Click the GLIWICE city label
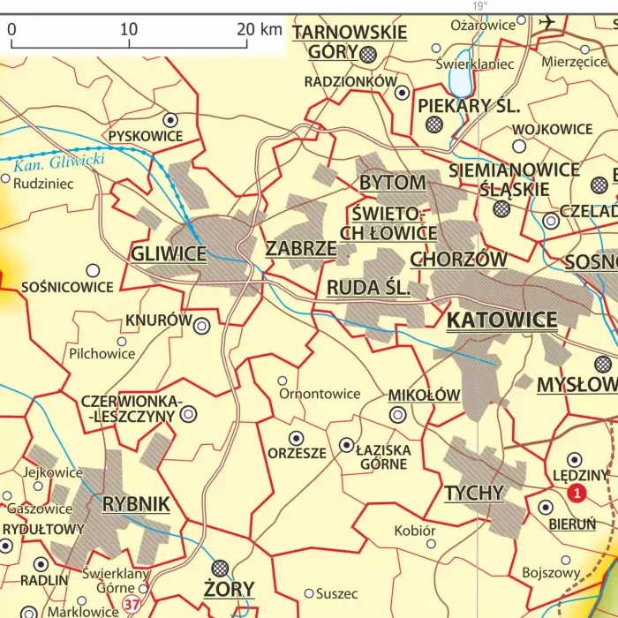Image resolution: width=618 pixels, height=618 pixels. click(x=168, y=254)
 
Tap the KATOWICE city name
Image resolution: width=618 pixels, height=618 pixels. click(x=501, y=320)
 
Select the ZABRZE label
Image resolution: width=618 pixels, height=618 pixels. click(x=301, y=248)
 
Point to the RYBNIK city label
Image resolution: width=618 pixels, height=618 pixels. click(x=136, y=504)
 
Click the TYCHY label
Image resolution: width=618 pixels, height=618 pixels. click(x=474, y=493)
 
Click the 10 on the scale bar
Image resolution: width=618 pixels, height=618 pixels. click(x=129, y=29)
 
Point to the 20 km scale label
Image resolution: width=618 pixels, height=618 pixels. click(x=260, y=29)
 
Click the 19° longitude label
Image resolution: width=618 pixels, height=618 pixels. click(x=479, y=5)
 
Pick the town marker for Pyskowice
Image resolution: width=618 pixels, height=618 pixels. click(x=170, y=118)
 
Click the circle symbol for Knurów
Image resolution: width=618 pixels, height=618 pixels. click(x=201, y=326)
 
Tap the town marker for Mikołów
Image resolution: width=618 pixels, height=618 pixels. click(x=398, y=414)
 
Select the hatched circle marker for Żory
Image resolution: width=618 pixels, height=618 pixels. click(x=220, y=568)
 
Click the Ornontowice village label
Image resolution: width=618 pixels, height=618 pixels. click(x=320, y=394)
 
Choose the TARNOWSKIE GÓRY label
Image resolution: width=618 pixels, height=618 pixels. click(x=350, y=41)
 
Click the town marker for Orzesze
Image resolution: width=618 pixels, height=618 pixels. click(x=296, y=437)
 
